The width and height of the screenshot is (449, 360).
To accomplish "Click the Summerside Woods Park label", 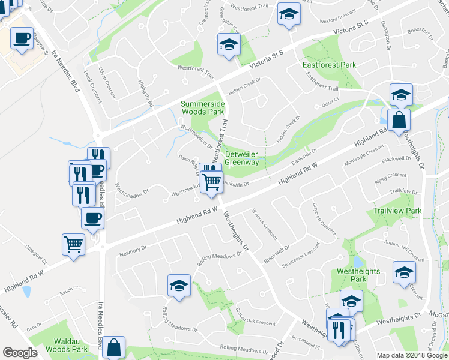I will (202, 108).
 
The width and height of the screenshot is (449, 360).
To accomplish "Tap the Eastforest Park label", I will (330, 65).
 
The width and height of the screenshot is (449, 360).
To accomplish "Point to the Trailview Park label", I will (397, 211).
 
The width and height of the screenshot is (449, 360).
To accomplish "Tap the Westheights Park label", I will (358, 275).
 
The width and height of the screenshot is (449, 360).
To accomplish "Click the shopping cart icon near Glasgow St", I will (73, 244).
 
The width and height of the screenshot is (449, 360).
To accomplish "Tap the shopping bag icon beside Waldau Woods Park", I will (113, 347).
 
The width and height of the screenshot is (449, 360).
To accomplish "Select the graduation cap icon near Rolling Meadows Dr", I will (179, 285).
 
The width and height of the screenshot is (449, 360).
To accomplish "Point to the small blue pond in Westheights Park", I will (358, 262).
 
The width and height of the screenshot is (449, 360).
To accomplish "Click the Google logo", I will (20, 353).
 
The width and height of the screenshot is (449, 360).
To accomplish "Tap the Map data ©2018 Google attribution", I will (411, 355).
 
